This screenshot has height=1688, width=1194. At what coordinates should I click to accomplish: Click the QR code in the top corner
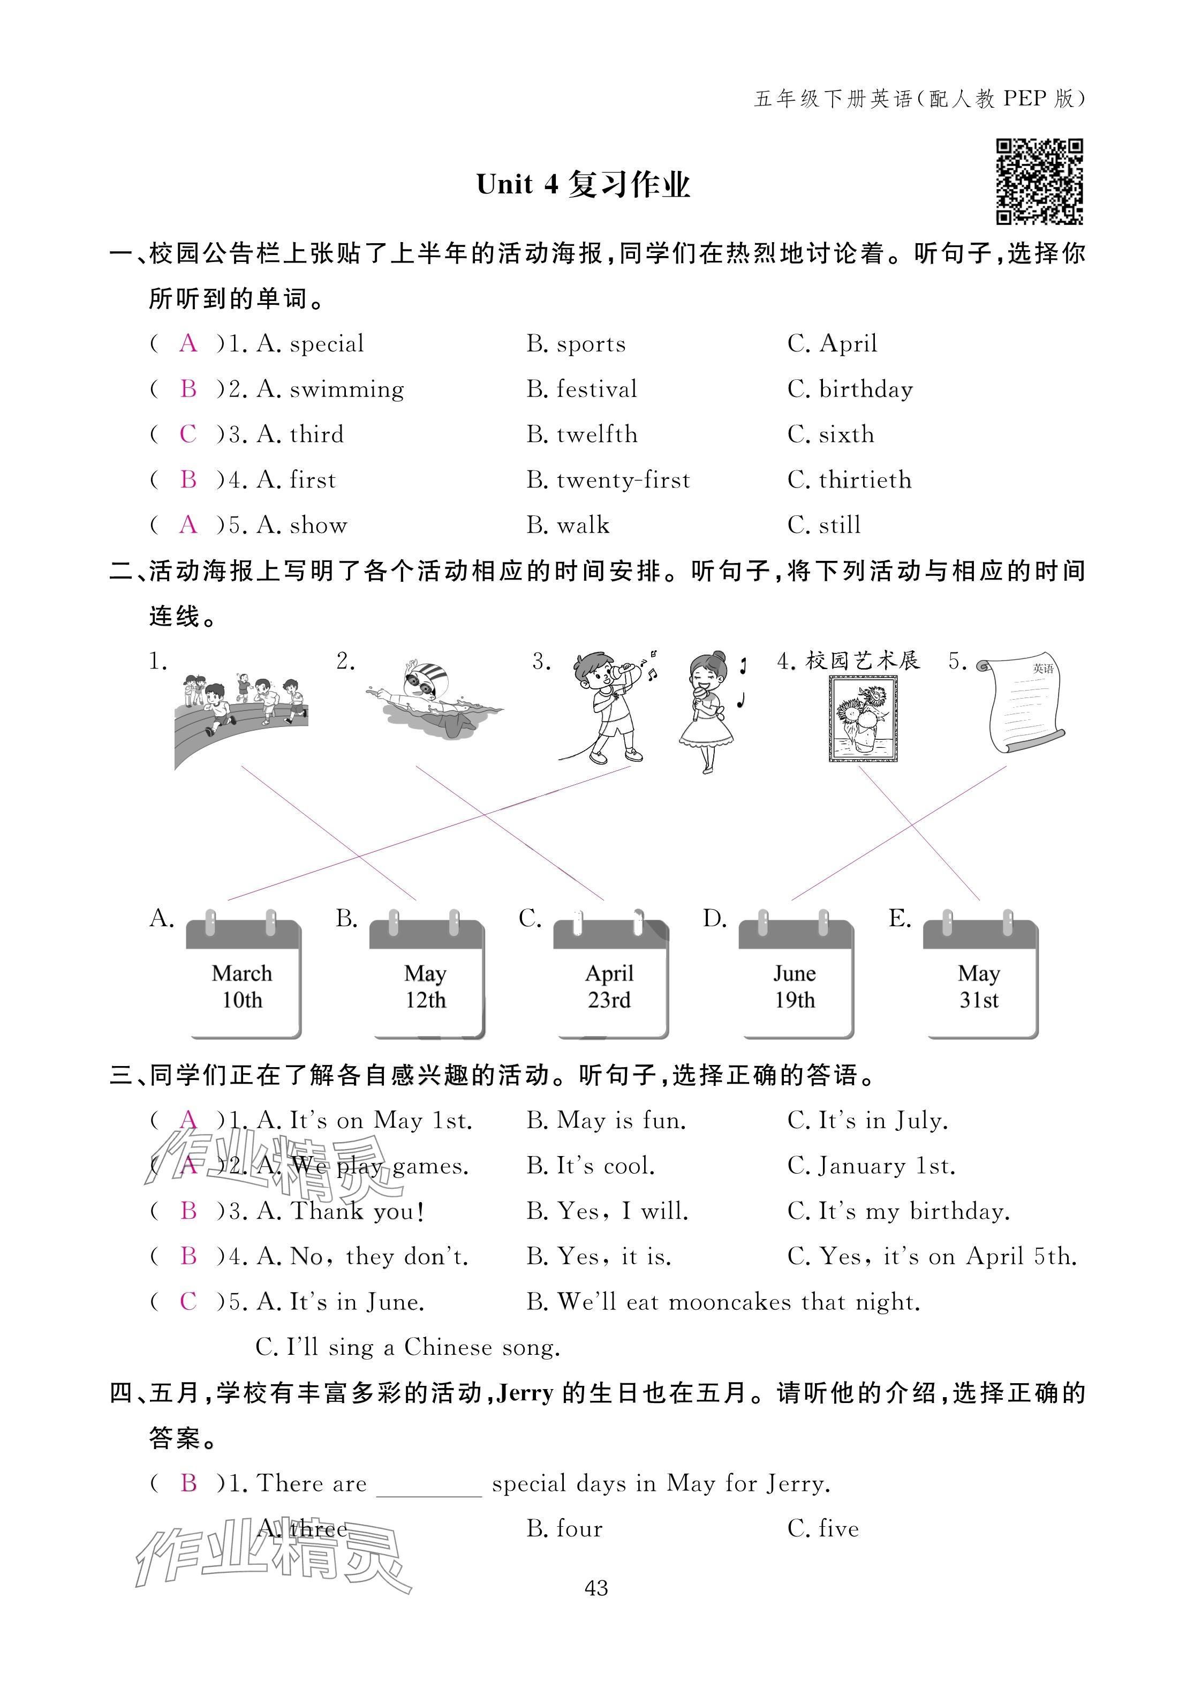coord(1039,181)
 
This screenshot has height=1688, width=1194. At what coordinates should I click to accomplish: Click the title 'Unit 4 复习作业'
coord(583,185)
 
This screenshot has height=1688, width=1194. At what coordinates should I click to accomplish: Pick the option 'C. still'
coord(823,525)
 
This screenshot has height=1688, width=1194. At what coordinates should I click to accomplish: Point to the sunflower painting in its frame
coord(863,718)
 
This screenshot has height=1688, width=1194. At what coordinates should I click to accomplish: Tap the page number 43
coord(596,1589)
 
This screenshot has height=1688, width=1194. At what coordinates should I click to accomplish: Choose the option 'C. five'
coord(823,1529)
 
